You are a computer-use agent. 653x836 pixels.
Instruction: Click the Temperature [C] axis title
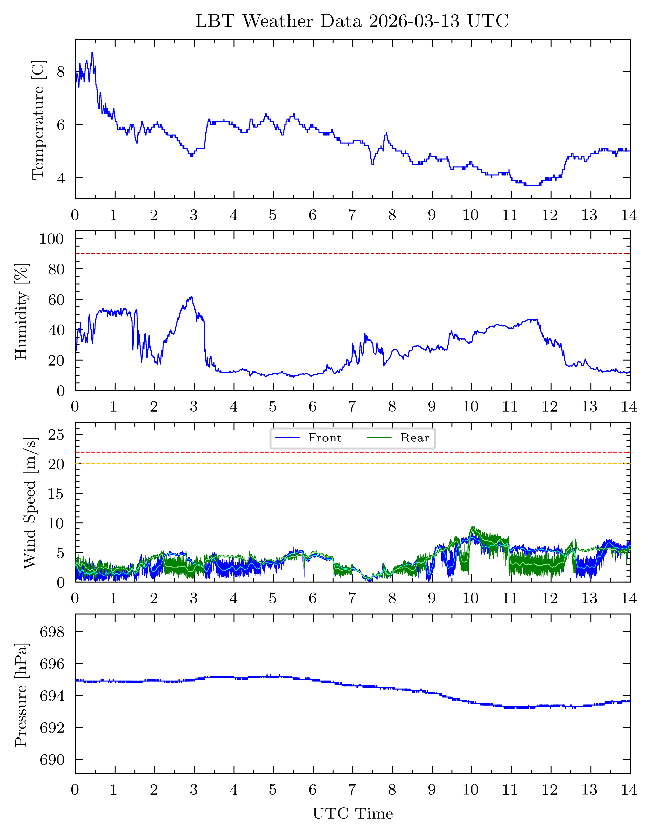38,120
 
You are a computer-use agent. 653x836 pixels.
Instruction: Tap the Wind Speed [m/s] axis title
30,503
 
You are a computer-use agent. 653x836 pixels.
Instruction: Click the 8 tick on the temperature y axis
61,72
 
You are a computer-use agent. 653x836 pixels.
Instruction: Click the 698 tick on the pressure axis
53,632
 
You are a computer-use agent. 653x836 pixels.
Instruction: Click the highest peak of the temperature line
92,53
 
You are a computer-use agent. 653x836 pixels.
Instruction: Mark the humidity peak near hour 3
191,297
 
